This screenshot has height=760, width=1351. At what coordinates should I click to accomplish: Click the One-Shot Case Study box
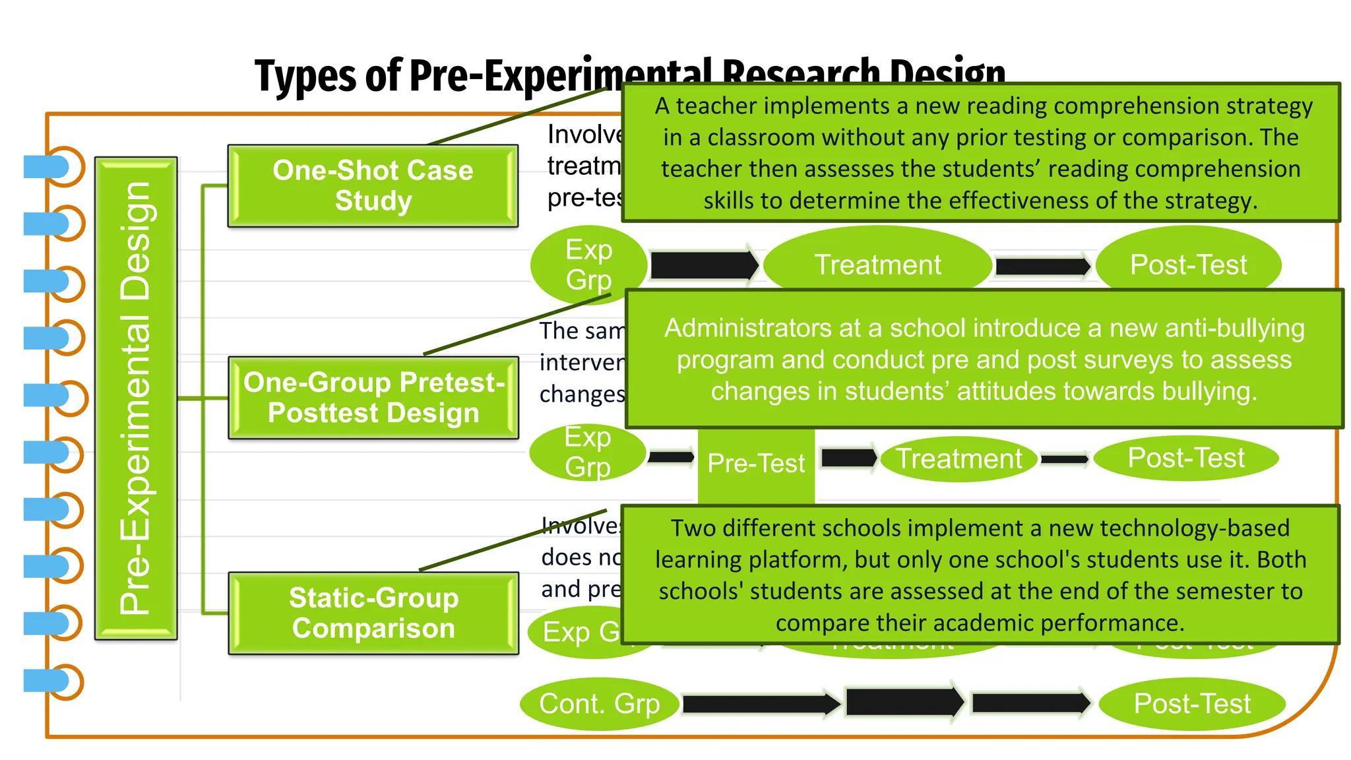(373, 186)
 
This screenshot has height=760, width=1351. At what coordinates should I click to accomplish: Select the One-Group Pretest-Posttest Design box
(373, 398)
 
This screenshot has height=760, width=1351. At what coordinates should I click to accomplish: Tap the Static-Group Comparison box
(373, 613)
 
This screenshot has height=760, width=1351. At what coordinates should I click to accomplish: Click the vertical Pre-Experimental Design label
(136, 398)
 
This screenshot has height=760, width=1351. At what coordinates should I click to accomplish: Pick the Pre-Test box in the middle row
(756, 464)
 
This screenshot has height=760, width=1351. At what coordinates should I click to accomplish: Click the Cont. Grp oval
(599, 704)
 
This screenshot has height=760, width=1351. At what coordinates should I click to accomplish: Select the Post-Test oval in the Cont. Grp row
(1191, 704)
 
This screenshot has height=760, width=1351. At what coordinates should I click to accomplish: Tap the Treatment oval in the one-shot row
(877, 265)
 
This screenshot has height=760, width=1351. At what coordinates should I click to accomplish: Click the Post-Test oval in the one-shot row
(1188, 265)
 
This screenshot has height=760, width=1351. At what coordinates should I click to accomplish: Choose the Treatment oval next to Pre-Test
(958, 459)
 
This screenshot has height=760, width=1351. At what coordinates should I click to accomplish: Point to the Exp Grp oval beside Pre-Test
(587, 453)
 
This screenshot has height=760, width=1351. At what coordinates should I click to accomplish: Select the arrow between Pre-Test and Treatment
(848, 458)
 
